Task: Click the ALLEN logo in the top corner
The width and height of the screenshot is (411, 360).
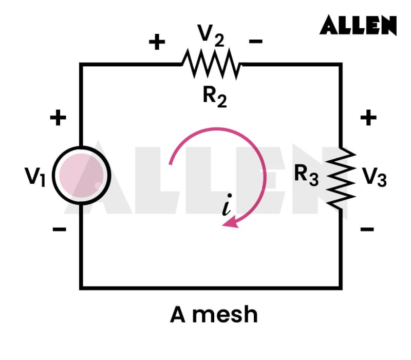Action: pos(358,25)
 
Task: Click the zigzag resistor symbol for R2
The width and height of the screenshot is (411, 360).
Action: pos(211,65)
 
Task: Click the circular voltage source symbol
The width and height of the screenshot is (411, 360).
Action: pos(81,176)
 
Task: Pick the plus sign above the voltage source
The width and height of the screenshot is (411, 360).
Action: pos(58,119)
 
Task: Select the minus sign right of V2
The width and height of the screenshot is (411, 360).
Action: pos(256,42)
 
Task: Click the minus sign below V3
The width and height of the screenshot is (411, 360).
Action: pos(367,229)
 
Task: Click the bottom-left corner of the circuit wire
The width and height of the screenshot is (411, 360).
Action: pos(81,287)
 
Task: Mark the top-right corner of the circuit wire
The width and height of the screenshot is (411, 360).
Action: pos(341,65)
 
